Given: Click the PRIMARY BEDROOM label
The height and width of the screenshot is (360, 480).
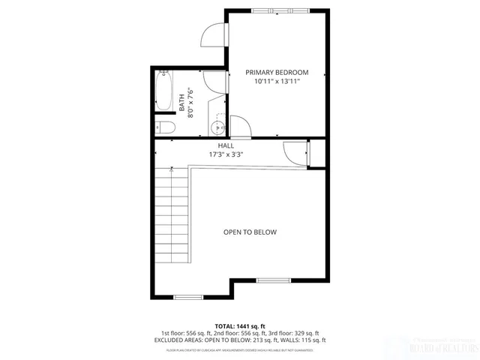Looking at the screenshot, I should click(277, 72).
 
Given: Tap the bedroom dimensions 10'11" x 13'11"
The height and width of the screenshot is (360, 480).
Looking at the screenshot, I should click(277, 81).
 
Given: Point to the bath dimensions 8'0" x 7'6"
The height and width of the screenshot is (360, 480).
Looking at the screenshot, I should click(190, 103).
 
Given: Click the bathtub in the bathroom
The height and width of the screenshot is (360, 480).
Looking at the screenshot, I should click(163, 89).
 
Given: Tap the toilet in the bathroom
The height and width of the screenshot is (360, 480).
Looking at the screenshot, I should click(166, 126).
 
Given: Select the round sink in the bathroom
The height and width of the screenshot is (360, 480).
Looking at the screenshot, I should click(217, 125).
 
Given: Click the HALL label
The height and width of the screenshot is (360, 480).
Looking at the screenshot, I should click(226, 145).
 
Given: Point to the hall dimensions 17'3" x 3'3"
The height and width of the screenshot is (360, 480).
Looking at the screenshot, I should click(226, 154).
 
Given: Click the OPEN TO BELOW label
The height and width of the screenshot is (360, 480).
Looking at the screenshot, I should click(250, 232).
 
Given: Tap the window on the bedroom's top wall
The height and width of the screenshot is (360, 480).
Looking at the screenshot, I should click(273, 10).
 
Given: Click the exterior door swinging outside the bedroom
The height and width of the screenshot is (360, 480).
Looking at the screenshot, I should click(214, 34).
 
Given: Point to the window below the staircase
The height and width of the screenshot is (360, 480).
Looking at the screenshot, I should click(187, 298).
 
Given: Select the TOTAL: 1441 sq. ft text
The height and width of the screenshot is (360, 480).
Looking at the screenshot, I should click(240, 325).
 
